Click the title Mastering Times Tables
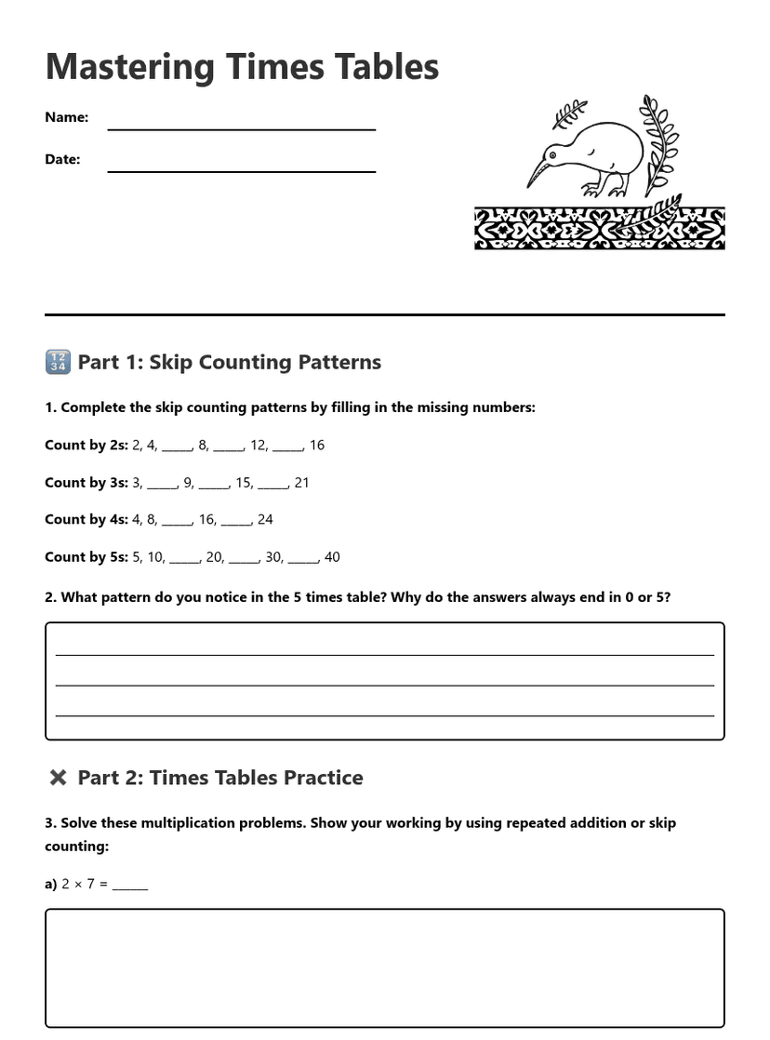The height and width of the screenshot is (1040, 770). point(242,67)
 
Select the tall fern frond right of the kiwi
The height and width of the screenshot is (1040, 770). point(661,144)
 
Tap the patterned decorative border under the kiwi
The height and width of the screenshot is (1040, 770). point(599,229)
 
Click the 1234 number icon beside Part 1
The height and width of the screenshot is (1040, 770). point(58,362)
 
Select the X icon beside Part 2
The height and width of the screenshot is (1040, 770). point(58,778)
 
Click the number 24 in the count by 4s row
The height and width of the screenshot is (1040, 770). point(265,520)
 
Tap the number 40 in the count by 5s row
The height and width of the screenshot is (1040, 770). point(332,557)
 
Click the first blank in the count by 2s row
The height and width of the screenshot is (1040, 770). point(176,447)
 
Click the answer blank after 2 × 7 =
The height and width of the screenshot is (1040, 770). point(130,886)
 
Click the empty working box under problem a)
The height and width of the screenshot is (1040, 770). point(384,967)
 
